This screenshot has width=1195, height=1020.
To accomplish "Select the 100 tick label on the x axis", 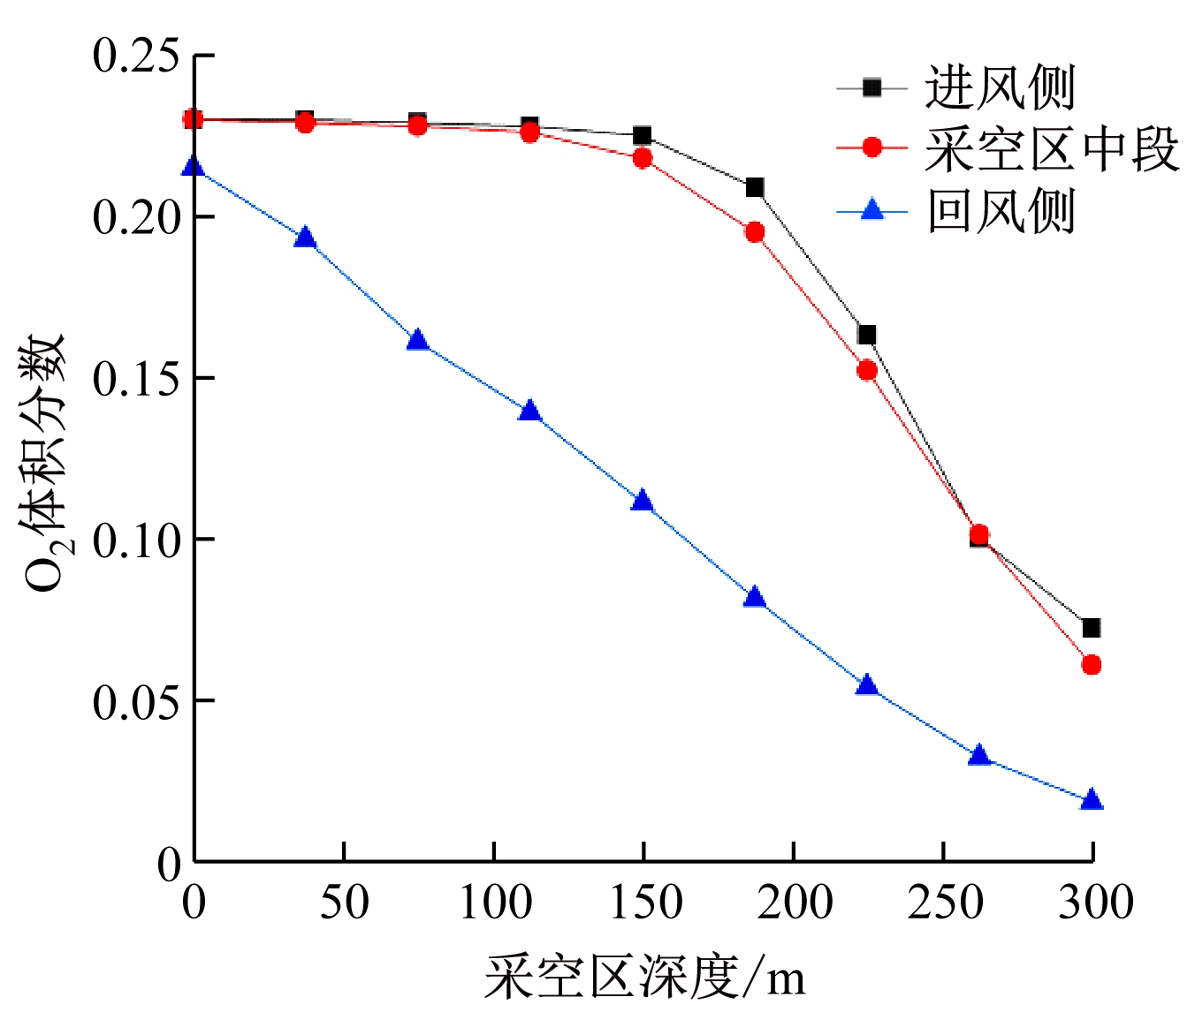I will (x=494, y=903).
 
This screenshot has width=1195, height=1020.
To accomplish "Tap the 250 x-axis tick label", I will (x=945, y=903).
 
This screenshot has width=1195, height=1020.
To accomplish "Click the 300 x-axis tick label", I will (x=1095, y=903).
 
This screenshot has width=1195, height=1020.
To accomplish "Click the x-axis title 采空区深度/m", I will (x=644, y=978).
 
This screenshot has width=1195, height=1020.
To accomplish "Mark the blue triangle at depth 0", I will (x=193, y=167).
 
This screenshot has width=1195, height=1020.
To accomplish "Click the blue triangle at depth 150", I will (x=643, y=502).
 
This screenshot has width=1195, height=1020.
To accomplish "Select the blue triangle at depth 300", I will (x=1092, y=800).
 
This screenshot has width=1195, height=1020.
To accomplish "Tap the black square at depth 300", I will (x=1092, y=628).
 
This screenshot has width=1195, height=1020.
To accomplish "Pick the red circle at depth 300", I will (x=1092, y=665).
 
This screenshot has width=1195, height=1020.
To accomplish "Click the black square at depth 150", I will (x=643, y=136).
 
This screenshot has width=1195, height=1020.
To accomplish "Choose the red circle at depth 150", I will (x=643, y=159).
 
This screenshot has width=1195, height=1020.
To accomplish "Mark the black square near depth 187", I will (x=755, y=187).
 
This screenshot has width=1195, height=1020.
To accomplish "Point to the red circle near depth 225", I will (x=867, y=371).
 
